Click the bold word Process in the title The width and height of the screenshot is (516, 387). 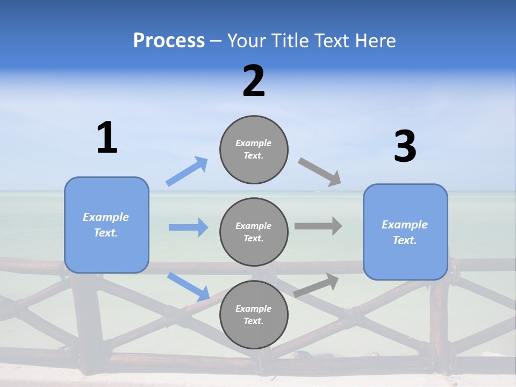point(169,41)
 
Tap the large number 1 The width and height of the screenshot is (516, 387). point(107,138)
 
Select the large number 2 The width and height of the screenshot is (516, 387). point(254,82)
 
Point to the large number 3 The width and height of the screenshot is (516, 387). point(405,147)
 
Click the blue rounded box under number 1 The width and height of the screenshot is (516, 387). point(106,225)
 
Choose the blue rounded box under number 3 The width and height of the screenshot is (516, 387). point(405,232)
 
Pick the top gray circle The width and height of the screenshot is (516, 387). point(254,149)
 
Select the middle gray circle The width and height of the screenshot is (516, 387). point(254,232)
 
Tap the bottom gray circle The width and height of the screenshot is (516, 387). point(254,314)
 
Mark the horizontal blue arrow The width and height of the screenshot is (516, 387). point(188,227)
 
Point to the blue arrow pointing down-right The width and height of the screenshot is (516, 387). point(188,286)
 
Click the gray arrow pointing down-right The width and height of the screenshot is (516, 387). point(320,172)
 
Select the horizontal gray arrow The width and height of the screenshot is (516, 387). point(318,226)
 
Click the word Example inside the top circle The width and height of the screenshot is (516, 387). point(254,143)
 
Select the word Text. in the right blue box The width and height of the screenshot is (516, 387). point(405,240)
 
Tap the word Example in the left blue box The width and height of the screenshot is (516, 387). point(106,217)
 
